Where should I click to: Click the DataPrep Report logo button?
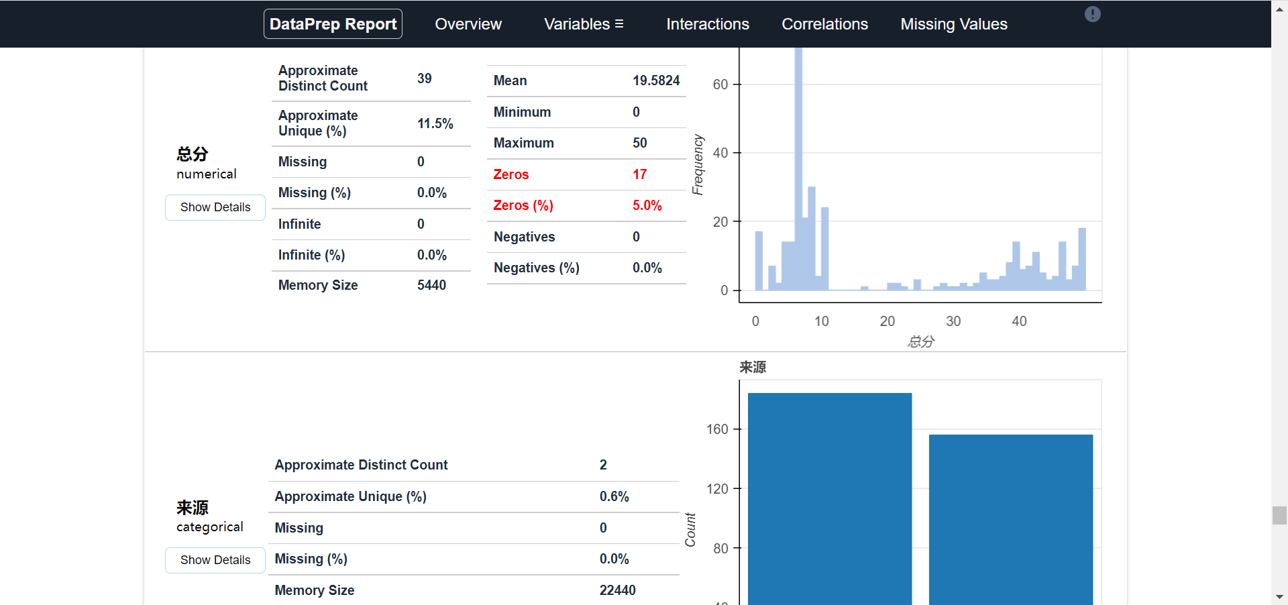point(333,24)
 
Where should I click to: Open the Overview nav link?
point(468,24)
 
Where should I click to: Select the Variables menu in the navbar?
point(584,24)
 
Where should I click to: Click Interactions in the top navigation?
point(707,24)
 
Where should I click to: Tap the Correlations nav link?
point(824,24)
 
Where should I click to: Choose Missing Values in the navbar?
point(953,24)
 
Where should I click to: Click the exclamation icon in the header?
point(1092,14)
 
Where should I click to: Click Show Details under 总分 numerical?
point(215,207)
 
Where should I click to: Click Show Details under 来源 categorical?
point(215,560)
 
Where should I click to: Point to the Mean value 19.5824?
point(655,80)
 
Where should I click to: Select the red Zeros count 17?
point(639,174)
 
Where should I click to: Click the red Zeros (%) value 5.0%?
point(647,205)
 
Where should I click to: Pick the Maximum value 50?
point(639,143)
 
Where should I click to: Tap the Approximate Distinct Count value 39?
point(424,78)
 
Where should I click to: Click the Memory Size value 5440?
point(431,285)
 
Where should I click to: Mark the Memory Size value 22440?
point(617,590)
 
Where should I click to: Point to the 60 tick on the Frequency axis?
point(720,85)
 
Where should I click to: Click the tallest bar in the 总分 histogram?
point(798,168)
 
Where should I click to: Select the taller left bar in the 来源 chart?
point(829,496)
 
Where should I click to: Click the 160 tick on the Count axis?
point(716,429)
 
